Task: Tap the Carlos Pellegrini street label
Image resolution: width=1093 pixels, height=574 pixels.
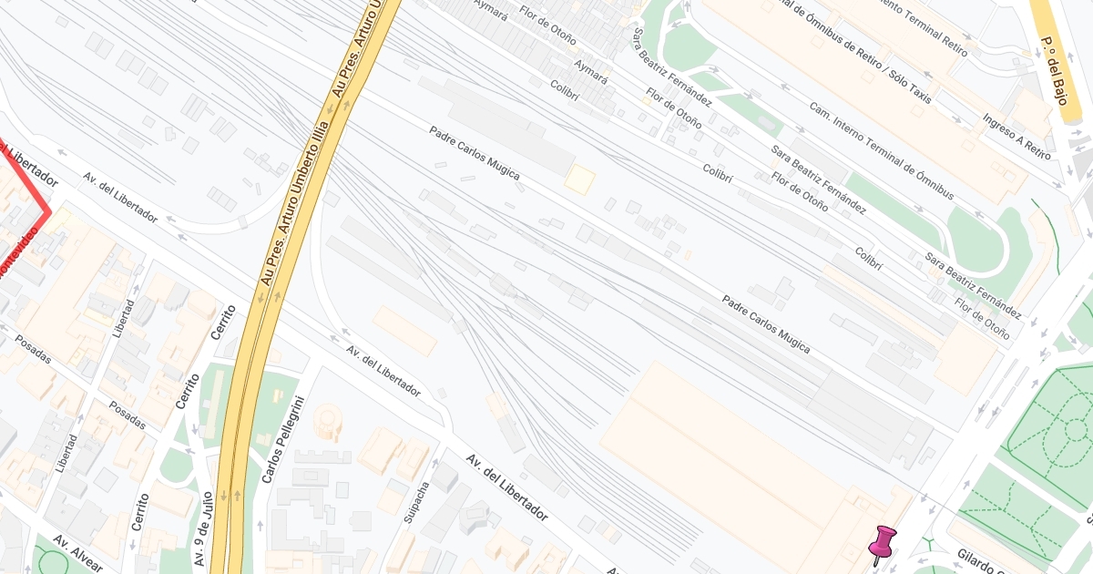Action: click(281, 440)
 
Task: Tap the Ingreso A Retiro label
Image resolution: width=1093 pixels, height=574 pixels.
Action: click(1016, 138)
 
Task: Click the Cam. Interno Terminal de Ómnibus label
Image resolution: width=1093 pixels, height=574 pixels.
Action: click(881, 151)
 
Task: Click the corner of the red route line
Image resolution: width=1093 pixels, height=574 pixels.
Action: click(49, 212)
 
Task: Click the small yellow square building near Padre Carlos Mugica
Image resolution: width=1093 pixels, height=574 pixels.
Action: click(579, 179)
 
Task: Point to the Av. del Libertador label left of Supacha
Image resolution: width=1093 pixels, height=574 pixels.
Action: click(383, 372)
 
